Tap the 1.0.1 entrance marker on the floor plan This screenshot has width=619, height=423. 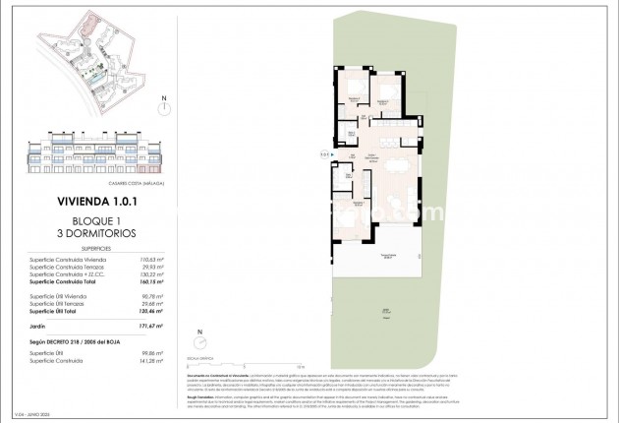tap(325, 153)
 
